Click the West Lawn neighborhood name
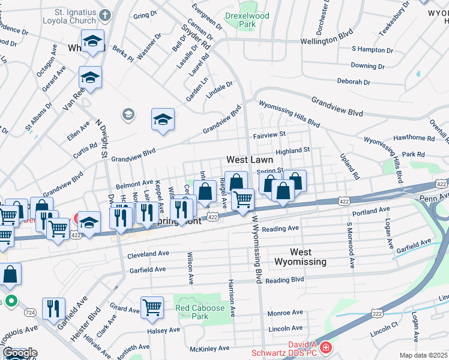tap(250, 160)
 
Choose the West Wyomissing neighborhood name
tap(300, 257)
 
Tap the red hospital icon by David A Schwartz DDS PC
tap(325, 347)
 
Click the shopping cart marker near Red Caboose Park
tap(152, 307)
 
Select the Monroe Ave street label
tap(285, 313)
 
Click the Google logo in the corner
tap(19, 353)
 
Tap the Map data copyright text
tap(423, 355)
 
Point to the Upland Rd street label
tap(352, 169)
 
